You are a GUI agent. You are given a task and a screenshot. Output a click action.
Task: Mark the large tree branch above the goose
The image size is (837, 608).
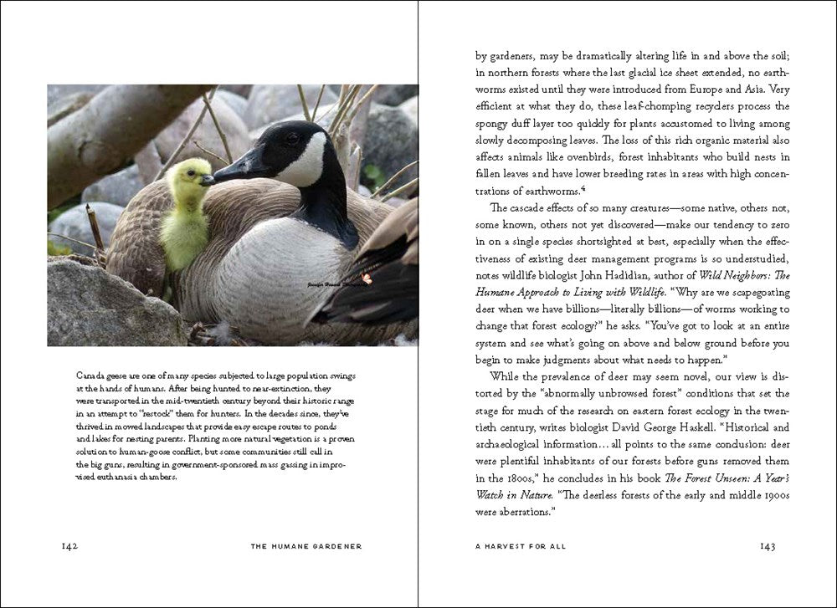click(109, 125)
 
